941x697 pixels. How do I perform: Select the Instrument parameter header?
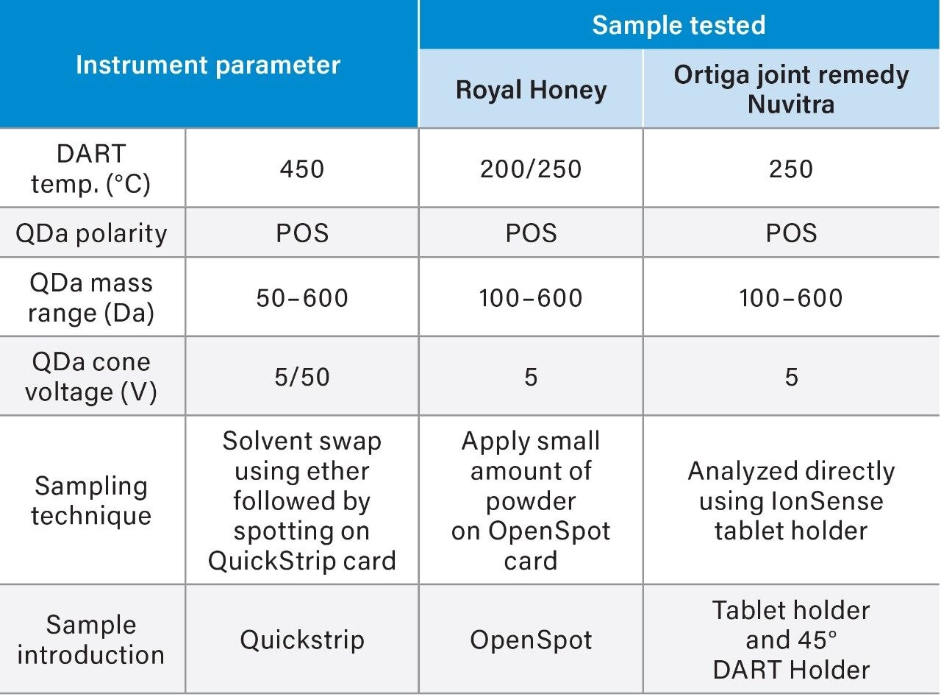[x=208, y=65]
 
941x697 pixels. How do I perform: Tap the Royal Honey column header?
[x=532, y=90]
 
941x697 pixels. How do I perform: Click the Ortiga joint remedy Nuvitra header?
[x=791, y=89]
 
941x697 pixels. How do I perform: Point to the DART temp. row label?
[x=91, y=169]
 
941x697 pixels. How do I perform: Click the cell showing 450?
[x=302, y=169]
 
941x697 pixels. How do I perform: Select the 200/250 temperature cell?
[x=531, y=169]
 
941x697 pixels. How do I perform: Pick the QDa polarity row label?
[x=91, y=233]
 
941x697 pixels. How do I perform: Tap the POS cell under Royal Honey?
[x=532, y=233]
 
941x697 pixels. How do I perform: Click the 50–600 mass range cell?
[x=302, y=297]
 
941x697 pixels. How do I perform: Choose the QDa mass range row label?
[x=91, y=298]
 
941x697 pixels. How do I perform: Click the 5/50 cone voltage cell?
[x=302, y=377]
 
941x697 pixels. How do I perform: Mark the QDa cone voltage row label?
[x=91, y=377]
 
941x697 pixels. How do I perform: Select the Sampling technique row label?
[x=91, y=500]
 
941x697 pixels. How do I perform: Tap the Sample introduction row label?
[x=91, y=640]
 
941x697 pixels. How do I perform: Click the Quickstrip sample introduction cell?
[x=302, y=640]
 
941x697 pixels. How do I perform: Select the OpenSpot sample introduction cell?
[x=531, y=640]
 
